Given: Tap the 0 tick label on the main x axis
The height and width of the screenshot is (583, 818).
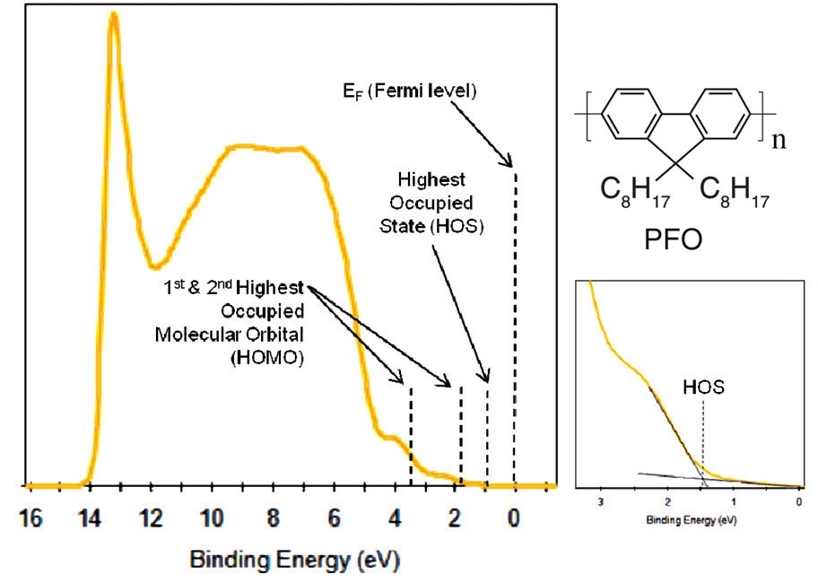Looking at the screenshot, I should [515, 518].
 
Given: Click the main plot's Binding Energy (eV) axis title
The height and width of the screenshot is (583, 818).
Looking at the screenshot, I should [294, 561].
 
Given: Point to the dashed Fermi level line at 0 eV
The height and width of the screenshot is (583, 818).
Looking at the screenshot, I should [515, 323].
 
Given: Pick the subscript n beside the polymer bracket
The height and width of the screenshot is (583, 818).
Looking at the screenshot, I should [779, 141].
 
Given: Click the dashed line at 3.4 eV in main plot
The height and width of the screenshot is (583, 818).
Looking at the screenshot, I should [411, 435].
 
